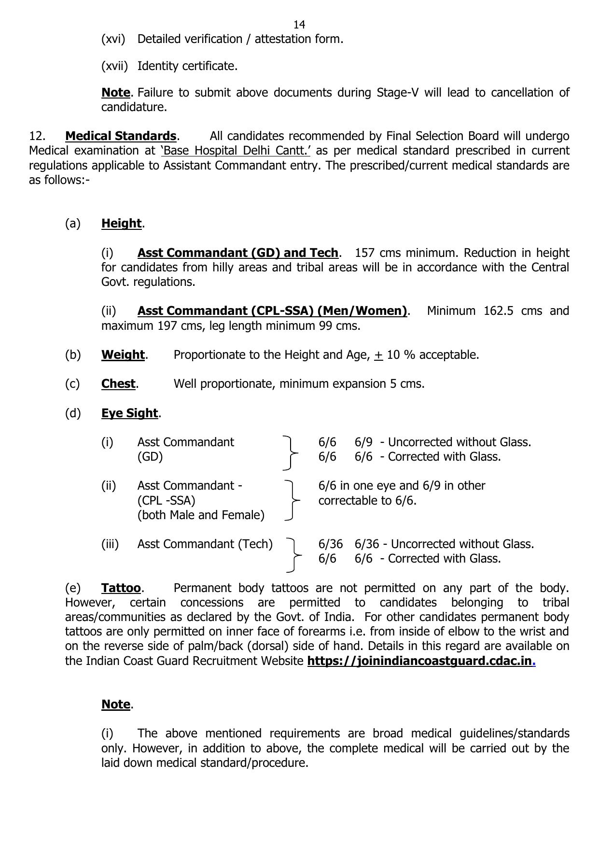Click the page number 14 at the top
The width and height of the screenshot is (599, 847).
(299, 25)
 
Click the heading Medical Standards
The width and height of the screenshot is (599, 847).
(121, 136)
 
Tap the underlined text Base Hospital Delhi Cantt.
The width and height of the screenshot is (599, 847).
(236, 151)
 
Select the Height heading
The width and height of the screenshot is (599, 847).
(121, 224)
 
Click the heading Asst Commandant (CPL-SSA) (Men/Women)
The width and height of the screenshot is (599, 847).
(272, 311)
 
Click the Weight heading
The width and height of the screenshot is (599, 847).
(123, 355)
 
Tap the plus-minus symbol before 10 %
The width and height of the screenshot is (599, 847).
(378, 355)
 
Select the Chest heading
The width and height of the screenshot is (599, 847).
(118, 384)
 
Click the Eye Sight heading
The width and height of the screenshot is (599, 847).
(129, 413)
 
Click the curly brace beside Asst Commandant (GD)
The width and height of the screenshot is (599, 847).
(290, 452)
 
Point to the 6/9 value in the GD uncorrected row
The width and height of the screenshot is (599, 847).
(363, 442)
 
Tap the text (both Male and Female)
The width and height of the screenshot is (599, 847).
(201, 515)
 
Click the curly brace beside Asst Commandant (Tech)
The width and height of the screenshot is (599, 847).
(293, 555)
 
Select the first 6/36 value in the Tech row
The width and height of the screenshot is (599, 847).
(330, 544)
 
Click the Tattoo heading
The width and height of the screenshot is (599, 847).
(121, 588)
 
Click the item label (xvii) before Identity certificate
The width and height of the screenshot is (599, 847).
(114, 66)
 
